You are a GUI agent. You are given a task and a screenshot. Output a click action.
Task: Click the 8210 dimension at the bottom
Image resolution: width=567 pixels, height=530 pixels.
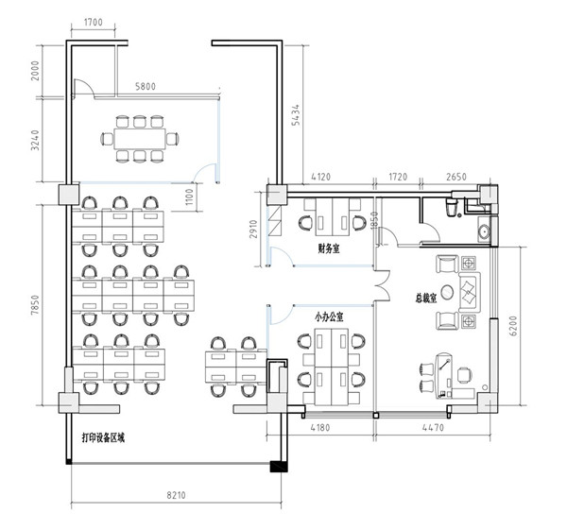coord(176,494)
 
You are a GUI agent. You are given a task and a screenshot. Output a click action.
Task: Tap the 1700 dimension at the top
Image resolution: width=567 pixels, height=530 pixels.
coord(94,23)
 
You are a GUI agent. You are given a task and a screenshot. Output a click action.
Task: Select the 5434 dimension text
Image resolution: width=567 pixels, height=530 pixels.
coord(296,114)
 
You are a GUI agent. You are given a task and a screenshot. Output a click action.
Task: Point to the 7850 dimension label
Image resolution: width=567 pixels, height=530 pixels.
coord(35,305)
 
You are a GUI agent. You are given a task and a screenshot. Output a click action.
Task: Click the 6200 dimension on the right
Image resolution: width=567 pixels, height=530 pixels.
coord(514,327)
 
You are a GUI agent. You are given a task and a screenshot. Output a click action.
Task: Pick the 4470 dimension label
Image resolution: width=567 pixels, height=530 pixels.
coord(433,427)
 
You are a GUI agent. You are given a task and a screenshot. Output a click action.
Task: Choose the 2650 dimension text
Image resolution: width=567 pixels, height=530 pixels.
coord(456,177)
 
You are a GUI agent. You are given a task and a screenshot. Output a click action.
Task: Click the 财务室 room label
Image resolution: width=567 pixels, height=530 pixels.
coord(329,248)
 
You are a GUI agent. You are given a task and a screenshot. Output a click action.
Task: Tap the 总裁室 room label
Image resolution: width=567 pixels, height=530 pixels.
coord(425,299)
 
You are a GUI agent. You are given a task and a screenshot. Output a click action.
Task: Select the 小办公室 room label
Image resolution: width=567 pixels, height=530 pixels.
coord(329,317)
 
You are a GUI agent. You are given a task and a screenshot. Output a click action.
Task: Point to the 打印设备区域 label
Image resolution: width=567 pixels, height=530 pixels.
coord(103,438)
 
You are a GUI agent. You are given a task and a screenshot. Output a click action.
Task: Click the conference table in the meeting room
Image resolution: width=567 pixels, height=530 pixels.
coord(140,139)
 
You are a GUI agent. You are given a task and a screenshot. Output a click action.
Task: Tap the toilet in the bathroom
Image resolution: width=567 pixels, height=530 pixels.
coord(452,207)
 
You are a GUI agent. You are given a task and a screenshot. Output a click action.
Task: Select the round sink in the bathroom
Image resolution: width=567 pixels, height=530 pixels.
coord(484,231)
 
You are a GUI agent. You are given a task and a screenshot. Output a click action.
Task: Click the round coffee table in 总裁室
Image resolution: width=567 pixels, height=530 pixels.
coord(447,292)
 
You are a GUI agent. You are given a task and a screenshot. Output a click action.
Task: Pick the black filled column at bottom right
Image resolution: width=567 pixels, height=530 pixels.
coord(279,466)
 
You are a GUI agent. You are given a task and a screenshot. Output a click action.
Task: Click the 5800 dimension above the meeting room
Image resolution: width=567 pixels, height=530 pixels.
coord(146,86)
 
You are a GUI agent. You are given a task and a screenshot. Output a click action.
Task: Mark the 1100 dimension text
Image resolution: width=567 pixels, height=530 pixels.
coord(190,197)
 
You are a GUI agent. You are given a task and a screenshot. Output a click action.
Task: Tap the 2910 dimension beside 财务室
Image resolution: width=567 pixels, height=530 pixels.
coord(253,230)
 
